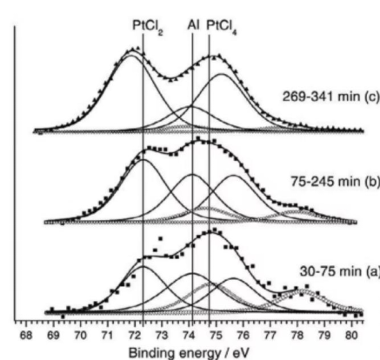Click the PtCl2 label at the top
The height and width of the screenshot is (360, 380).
coord(148,26)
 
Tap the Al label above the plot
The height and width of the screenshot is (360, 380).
coord(193,25)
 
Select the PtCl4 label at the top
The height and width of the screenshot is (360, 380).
coord(221,26)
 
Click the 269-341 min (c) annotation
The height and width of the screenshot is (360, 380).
coord(331,97)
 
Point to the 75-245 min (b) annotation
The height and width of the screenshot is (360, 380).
coord(335,182)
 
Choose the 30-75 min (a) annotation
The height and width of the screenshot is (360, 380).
coord(340,271)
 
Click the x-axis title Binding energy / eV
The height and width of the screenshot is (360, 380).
coord(189,353)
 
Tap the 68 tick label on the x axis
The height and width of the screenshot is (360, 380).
coord(26,335)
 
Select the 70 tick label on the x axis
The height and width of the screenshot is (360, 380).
coord(80,335)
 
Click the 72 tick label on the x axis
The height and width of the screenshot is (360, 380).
coord(135,335)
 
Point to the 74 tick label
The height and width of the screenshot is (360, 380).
coord(189,335)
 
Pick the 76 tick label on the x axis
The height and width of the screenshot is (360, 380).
coord(243,335)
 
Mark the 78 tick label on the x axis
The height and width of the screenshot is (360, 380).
coord(297,335)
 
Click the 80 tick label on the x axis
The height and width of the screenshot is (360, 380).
coord(351,335)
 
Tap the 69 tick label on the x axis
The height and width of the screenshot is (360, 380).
coord(53,335)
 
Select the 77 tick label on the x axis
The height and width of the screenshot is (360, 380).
coord(270,335)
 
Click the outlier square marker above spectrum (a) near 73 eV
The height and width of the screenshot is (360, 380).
coord(161,238)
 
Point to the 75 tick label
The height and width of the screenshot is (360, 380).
coord(216,335)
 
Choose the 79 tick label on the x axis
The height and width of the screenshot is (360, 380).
coord(324,335)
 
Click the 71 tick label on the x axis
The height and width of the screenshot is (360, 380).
coord(107,335)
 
